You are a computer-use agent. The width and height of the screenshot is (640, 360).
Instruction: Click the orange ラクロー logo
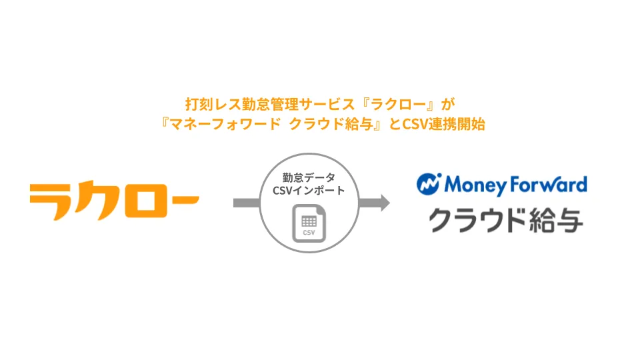[x=114, y=202]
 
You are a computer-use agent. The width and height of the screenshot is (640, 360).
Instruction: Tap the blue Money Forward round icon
[x=429, y=185]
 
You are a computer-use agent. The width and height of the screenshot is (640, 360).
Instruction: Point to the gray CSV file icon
[x=309, y=224]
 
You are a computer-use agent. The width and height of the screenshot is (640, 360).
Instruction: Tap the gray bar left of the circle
[x=247, y=203]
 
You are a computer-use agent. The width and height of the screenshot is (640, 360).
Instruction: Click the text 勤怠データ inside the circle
[x=309, y=177]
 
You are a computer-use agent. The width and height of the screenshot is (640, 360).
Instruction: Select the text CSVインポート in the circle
[x=309, y=191]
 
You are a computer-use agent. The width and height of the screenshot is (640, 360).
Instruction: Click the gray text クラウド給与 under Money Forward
[x=506, y=220]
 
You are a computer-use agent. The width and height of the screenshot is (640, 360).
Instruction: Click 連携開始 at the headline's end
[x=457, y=124]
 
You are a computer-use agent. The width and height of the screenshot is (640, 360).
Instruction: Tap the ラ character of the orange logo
[x=51, y=202]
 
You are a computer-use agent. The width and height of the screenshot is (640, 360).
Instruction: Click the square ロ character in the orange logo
[x=149, y=201]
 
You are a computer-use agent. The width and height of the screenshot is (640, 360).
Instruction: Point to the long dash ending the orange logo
[x=184, y=200]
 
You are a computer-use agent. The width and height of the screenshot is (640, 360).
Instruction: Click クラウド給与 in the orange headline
[x=331, y=124]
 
